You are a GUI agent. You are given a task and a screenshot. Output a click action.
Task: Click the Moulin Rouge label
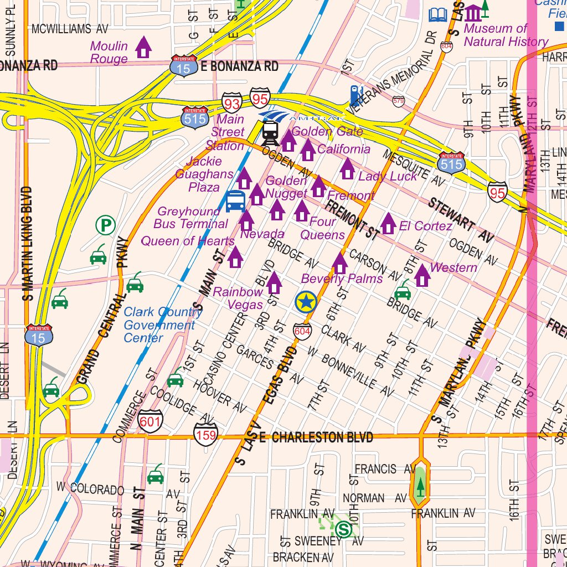pyautogui.click(x=109, y=53)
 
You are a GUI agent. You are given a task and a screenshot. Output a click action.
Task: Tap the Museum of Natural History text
pyautogui.click(x=506, y=35)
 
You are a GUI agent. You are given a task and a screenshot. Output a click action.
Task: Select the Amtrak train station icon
pyautogui.click(x=270, y=131)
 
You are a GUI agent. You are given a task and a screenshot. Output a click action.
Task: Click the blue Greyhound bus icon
pyautogui.click(x=235, y=201)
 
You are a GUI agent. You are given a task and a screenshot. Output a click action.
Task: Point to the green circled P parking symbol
pyautogui.click(x=105, y=225)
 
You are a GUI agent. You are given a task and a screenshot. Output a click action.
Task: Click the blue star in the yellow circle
pyautogui.click(x=305, y=302)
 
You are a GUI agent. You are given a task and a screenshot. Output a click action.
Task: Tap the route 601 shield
pyautogui.click(x=150, y=421)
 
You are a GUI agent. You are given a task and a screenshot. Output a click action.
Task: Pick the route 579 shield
pyautogui.click(x=398, y=100)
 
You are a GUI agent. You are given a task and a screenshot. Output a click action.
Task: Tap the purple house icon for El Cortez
pyautogui.click(x=388, y=223)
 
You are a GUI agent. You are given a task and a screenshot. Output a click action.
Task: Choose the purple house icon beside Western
pyautogui.click(x=422, y=275)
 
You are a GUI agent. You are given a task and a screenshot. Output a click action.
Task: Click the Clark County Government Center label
pyautogui.click(x=162, y=325)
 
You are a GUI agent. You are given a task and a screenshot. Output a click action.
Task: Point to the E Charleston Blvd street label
pyautogui.click(x=316, y=437)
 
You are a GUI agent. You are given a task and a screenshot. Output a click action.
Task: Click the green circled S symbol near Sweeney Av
pyautogui.click(x=343, y=529)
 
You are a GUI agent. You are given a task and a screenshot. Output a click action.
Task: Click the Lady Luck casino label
pyautogui.click(x=388, y=176)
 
